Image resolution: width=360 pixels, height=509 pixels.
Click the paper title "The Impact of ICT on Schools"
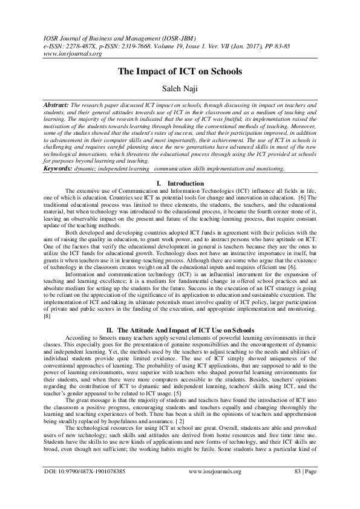[x=180, y=71]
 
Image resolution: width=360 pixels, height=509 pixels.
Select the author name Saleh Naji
[x=180, y=89]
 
